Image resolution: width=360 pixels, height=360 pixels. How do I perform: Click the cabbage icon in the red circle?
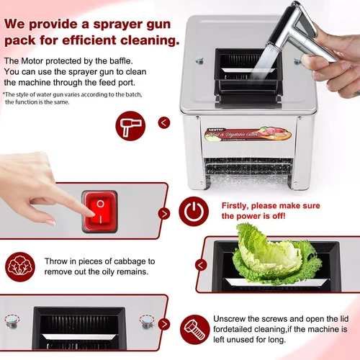click(19, 266)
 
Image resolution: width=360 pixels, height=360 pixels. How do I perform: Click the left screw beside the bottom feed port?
click(11, 320)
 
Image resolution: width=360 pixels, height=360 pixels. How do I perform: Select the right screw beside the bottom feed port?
click(146, 320)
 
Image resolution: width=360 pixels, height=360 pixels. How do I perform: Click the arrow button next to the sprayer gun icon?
click(165, 122)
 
